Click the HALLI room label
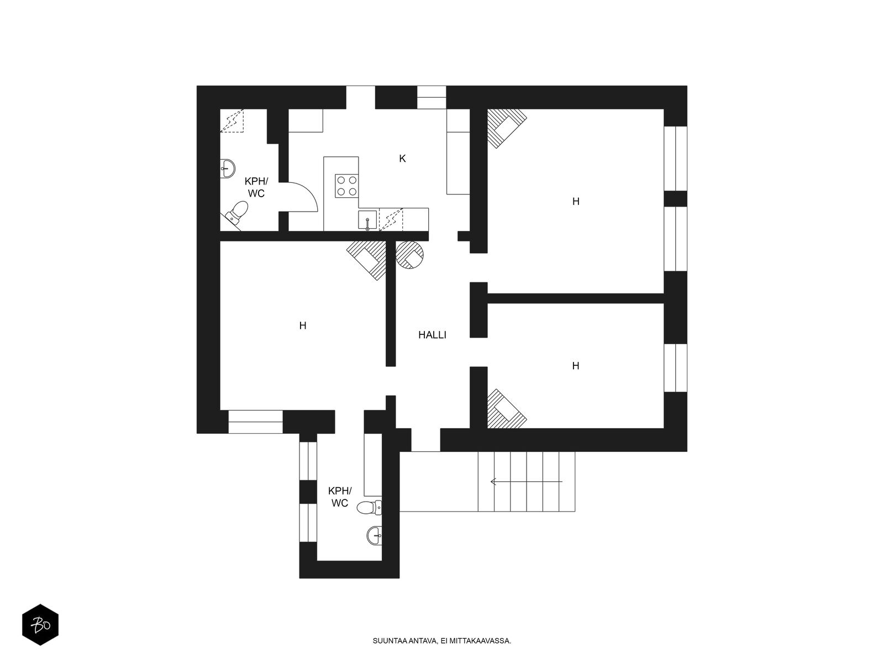pyautogui.click(x=432, y=335)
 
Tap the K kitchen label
pyautogui.click(x=402, y=159)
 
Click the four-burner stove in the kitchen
pyautogui.click(x=347, y=186)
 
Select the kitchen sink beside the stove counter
pyautogui.click(x=367, y=220)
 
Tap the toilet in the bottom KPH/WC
pyautogui.click(x=369, y=508)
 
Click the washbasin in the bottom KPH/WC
pyautogui.click(x=374, y=535)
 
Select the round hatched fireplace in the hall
pyautogui.click(x=409, y=255)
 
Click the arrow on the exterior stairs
pyautogui.click(x=526, y=481)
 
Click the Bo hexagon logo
pyautogui.click(x=40, y=625)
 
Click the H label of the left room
pyautogui.click(x=303, y=325)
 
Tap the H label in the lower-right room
pyautogui.click(x=576, y=366)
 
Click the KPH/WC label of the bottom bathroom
pyautogui.click(x=340, y=497)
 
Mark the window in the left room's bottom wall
pyautogui.click(x=256, y=422)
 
